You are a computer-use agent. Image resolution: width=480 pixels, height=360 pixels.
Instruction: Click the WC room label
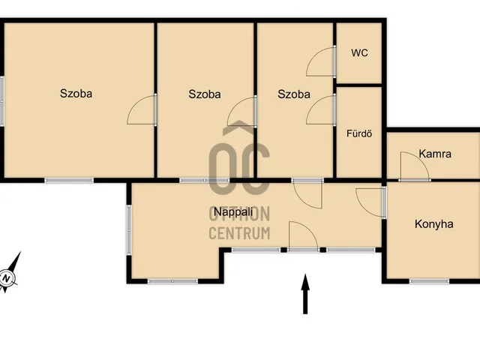359,53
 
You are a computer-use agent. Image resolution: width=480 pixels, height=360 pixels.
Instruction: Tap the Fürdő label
359,133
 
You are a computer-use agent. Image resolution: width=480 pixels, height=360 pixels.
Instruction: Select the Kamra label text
435,154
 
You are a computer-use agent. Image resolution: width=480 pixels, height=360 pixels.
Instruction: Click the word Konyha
433,224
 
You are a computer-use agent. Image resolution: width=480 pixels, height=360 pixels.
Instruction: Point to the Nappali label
233,211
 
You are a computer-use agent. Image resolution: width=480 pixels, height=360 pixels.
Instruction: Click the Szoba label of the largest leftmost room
76,93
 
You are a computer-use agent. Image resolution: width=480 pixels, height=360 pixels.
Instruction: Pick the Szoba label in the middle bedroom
205,94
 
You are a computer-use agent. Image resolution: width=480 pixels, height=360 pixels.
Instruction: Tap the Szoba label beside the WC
293,94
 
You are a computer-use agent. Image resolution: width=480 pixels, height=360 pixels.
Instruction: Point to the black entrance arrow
305,294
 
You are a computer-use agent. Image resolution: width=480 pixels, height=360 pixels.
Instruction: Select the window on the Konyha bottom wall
429,281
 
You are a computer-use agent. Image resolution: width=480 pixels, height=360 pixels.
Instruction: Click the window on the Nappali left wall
129,230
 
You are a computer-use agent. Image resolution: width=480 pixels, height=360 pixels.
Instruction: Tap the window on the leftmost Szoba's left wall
1,101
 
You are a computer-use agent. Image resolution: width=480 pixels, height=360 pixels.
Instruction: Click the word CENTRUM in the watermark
239,233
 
